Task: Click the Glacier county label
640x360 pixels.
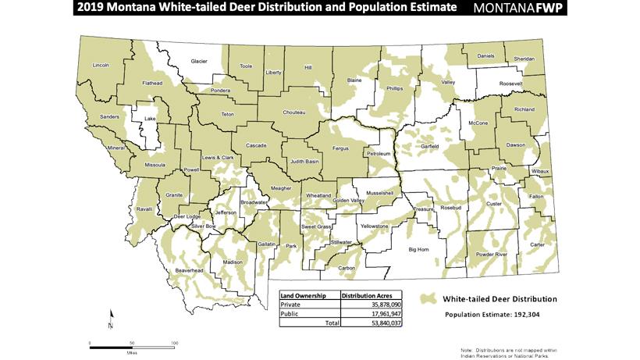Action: (x=199, y=61)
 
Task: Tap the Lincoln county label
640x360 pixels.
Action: (x=101, y=66)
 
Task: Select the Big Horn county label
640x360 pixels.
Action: (x=419, y=250)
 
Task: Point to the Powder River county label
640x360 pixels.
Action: (x=491, y=255)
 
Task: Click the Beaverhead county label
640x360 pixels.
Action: (x=190, y=270)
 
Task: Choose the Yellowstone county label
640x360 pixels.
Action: (x=375, y=226)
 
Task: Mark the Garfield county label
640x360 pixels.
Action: (x=431, y=146)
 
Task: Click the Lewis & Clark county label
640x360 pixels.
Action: (x=219, y=158)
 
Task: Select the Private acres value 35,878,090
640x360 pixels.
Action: (x=381, y=303)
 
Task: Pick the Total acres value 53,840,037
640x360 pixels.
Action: (x=381, y=321)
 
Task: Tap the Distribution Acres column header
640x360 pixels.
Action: (x=370, y=294)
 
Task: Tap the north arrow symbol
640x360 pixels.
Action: (x=112, y=317)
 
